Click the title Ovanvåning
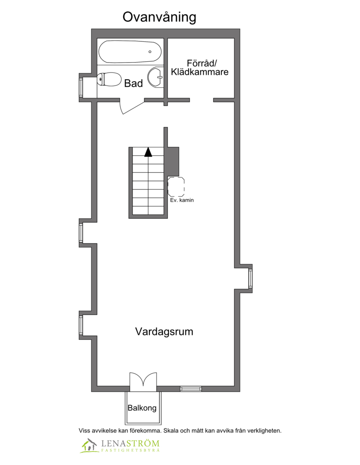tap(159, 18)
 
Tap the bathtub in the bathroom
tap(130, 52)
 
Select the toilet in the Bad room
tap(109, 79)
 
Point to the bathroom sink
tap(156, 77)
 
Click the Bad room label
tap(134, 83)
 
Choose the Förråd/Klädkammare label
tap(200, 68)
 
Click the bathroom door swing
tap(132, 106)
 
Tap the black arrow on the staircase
tap(148, 152)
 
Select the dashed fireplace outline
tap(176, 186)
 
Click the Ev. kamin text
tap(182, 200)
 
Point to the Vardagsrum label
tap(164, 332)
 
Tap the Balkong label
tap(142, 408)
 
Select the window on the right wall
tap(250, 278)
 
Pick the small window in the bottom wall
tap(191, 389)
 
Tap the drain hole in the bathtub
tap(150, 52)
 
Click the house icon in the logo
tap(89, 446)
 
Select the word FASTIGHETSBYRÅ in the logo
tap(130, 450)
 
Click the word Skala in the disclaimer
tap(171, 431)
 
